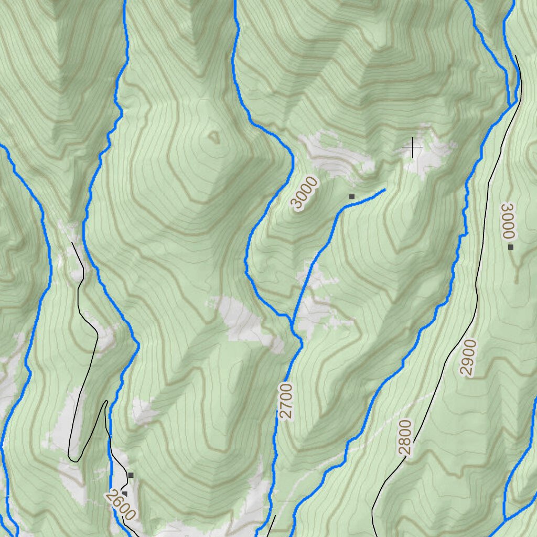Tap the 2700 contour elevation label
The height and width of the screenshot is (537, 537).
pyautogui.click(x=286, y=401)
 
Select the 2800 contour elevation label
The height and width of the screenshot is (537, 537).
pyautogui.click(x=405, y=437)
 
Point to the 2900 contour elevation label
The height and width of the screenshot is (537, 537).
pyautogui.click(x=468, y=358)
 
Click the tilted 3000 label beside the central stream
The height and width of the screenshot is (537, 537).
pyautogui.click(x=305, y=193)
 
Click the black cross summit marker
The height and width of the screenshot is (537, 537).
pyautogui.click(x=413, y=147)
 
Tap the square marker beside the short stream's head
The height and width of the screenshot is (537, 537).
pyautogui.click(x=352, y=197)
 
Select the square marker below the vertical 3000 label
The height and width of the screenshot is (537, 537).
pyautogui.click(x=510, y=246)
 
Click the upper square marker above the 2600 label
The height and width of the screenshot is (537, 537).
pyautogui.click(x=131, y=475)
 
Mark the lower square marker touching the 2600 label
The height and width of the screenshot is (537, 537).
pyautogui.click(x=125, y=493)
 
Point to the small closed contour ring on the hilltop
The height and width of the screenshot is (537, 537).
pyautogui.click(x=214, y=137)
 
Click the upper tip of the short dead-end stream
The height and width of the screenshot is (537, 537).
pyautogui.click(x=385, y=189)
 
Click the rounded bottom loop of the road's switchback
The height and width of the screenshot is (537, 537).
pyautogui.click(x=74, y=460)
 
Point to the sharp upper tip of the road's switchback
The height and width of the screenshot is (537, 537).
pyautogui.click(x=106, y=402)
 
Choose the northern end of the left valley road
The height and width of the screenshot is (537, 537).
pyautogui.click(x=72, y=242)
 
